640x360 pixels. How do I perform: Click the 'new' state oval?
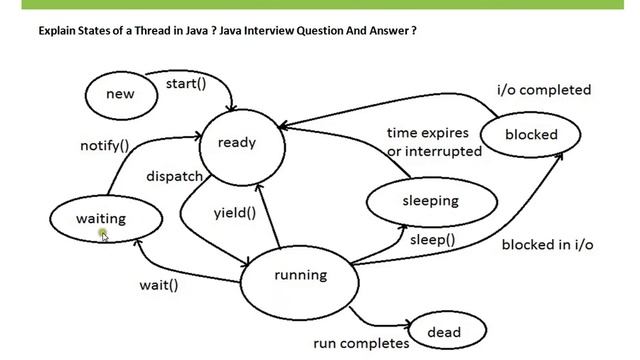(120, 94)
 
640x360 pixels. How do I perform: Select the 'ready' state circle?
(237, 142)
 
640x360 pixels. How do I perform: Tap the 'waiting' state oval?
(101, 219)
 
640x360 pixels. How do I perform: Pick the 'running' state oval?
(300, 276)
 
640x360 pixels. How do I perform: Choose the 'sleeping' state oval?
(430, 200)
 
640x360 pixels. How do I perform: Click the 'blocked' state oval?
(531, 134)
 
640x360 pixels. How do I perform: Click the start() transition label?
(186, 83)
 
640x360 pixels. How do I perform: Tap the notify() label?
(105, 146)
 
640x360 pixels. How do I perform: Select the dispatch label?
(175, 176)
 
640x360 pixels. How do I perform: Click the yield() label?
(235, 212)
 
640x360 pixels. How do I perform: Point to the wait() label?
(158, 285)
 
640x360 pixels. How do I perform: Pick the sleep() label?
(432, 240)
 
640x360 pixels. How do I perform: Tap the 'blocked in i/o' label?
(548, 244)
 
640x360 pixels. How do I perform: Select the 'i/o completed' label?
(544, 90)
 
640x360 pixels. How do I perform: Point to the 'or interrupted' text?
(434, 151)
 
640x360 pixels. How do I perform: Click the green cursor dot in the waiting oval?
(103, 234)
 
